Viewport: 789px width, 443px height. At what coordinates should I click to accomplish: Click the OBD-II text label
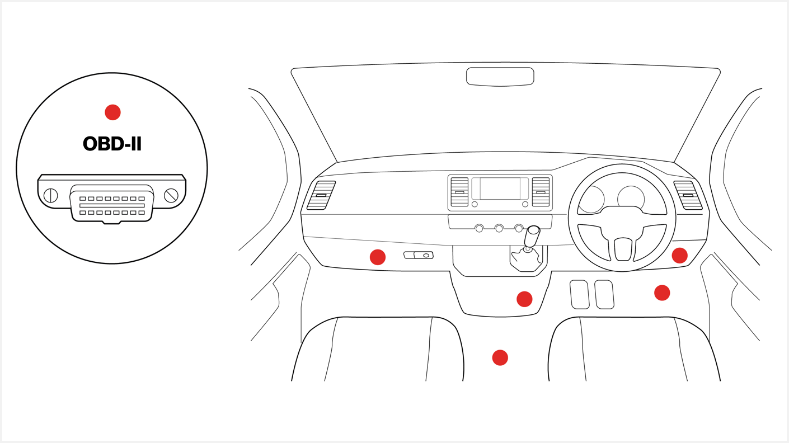click(x=112, y=144)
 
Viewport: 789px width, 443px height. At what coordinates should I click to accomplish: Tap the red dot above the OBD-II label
click(x=112, y=112)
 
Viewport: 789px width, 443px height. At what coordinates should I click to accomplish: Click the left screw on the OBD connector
click(x=50, y=195)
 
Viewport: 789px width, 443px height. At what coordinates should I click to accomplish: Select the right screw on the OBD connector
click(x=171, y=195)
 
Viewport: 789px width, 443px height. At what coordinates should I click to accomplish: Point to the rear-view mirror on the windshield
click(x=500, y=77)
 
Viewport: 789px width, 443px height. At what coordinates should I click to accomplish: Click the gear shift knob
click(x=532, y=236)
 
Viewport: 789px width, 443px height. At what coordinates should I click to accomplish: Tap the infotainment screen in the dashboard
click(x=500, y=188)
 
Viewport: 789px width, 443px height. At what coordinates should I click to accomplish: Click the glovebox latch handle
click(x=419, y=255)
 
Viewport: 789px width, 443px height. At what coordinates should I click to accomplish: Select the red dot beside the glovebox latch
click(x=378, y=257)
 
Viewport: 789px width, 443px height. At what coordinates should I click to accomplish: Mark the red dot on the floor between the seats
click(x=500, y=358)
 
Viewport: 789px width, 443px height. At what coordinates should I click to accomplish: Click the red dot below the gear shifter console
click(x=524, y=299)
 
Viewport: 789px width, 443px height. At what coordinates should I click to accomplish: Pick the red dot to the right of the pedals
click(x=662, y=293)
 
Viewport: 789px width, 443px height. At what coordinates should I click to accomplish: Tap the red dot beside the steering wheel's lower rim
click(x=679, y=255)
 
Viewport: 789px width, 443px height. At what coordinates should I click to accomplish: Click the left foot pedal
click(x=579, y=294)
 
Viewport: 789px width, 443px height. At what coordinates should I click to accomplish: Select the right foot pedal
click(x=604, y=294)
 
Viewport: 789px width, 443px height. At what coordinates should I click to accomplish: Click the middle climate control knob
click(x=499, y=229)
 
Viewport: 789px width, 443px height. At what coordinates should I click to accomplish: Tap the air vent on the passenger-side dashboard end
click(x=321, y=195)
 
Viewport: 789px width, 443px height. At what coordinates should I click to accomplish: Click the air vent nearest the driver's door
click(x=688, y=195)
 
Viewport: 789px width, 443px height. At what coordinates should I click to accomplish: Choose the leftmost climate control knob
click(x=479, y=229)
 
